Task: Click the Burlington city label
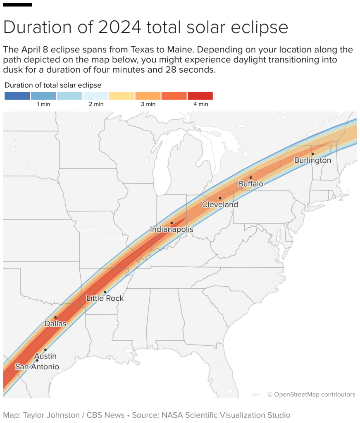[x=312, y=160]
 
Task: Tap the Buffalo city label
[x=250, y=184]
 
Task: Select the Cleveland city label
[x=220, y=204]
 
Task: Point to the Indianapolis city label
[x=172, y=230]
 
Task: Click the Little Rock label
[x=105, y=298]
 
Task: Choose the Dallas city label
[x=55, y=324]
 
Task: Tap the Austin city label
[x=45, y=356]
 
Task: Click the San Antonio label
[x=37, y=367]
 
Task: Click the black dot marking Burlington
[x=313, y=154]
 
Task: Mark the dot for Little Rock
[x=105, y=292]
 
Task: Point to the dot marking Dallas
[x=55, y=318]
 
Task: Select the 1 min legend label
[x=43, y=104]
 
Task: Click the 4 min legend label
[x=200, y=104]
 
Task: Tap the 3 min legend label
[x=148, y=104]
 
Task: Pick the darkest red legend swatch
[x=200, y=96]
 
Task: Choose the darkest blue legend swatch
[x=17, y=96]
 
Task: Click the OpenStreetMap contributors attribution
[x=311, y=394]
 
